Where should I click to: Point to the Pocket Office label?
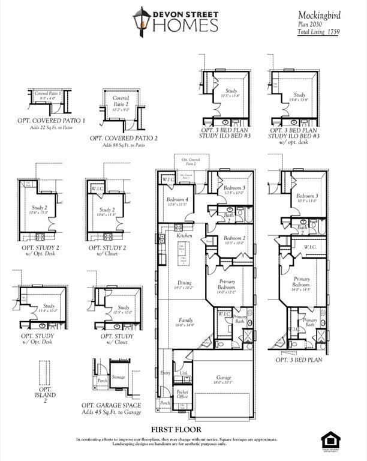[x=182, y=394]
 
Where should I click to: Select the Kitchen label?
[x=185, y=236]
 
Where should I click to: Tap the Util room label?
[x=183, y=373]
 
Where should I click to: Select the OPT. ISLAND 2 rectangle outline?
[x=44, y=374]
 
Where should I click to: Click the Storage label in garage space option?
[x=119, y=378]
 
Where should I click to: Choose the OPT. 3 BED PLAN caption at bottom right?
[x=299, y=360]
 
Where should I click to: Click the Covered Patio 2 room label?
[x=121, y=101]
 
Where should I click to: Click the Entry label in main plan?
[x=166, y=373]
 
